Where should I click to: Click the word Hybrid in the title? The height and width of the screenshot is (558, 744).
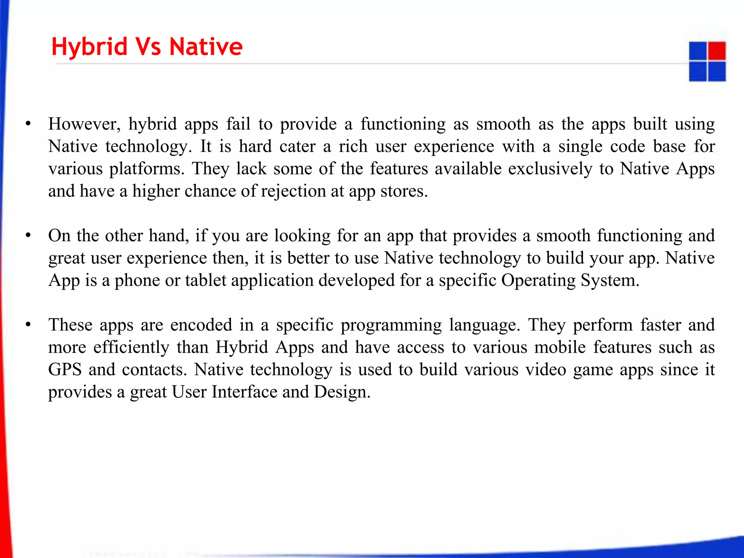click(89, 47)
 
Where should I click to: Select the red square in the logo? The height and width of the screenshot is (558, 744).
click(717, 51)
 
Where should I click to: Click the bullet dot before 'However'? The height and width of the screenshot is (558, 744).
click(28, 124)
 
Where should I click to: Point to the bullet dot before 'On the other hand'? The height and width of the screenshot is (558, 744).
click(28, 236)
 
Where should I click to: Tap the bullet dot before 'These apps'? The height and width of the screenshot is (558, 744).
click(28, 325)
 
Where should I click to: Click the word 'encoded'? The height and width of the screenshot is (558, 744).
click(201, 325)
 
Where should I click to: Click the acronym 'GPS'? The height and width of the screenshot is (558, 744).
click(65, 369)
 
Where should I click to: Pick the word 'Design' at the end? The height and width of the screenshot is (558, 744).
click(341, 392)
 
